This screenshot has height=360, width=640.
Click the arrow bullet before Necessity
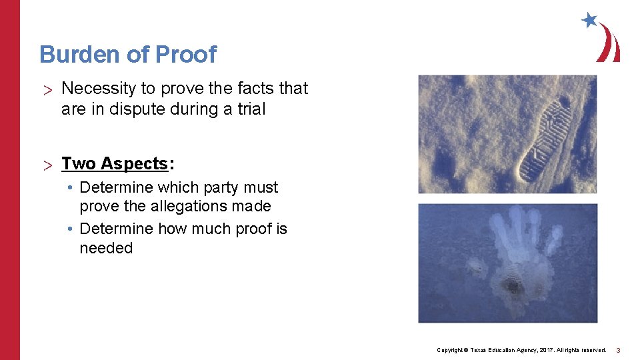47,89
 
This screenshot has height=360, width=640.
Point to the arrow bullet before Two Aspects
47,164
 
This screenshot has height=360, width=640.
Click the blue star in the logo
589,20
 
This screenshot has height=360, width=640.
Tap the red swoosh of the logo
609,44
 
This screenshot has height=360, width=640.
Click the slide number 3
618,350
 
